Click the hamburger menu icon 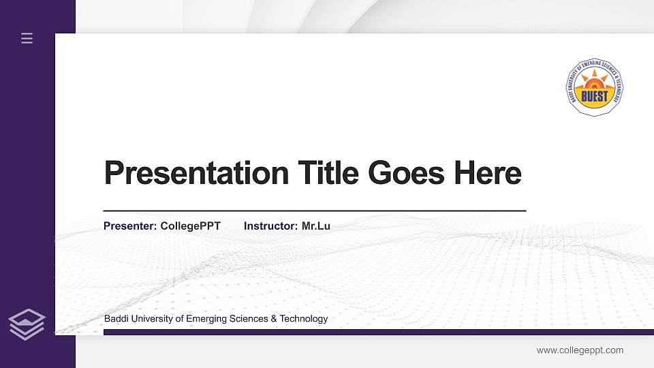(27, 39)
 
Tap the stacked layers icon (27, 324)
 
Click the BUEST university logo (594, 87)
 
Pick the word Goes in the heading (406, 173)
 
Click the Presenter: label (130, 226)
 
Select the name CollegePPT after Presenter (190, 226)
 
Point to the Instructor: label (270, 226)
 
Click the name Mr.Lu (315, 226)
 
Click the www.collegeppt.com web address (580, 350)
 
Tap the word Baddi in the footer (116, 319)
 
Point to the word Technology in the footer (304, 319)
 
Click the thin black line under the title (314, 211)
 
